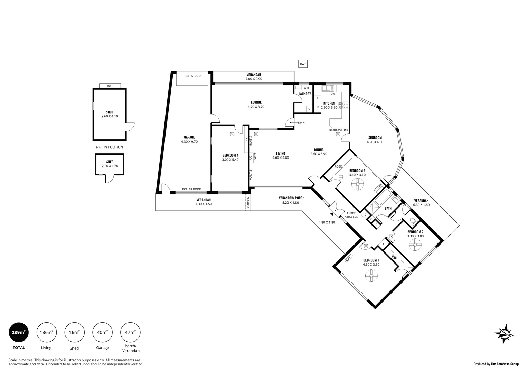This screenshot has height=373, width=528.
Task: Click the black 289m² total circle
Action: point(18,332)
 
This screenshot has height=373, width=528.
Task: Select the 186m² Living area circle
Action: point(46,332)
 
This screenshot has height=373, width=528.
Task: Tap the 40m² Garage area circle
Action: point(102,332)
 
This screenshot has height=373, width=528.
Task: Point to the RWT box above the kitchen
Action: point(303,64)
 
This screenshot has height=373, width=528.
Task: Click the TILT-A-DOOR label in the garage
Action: point(193,76)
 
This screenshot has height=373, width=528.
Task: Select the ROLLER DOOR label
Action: point(191,189)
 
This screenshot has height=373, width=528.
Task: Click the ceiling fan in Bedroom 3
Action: point(357,185)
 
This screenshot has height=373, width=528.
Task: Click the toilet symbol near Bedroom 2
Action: point(412,221)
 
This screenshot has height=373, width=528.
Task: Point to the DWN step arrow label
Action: point(301,123)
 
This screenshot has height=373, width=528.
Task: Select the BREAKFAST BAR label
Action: point(338,130)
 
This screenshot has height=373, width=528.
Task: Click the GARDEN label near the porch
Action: point(248,202)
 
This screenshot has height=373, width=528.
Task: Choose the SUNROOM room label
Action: point(375,138)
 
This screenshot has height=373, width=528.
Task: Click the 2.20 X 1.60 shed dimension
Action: point(110,166)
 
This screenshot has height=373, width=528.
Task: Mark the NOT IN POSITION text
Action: point(110,147)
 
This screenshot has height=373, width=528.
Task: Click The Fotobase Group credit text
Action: point(505,364)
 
